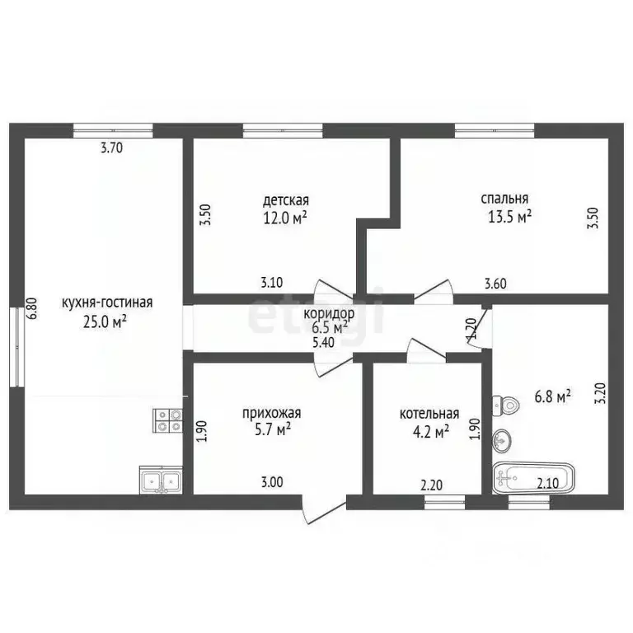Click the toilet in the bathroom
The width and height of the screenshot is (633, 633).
click(505, 404)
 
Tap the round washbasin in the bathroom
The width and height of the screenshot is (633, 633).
click(502, 440)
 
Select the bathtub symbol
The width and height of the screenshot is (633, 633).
click(534, 478)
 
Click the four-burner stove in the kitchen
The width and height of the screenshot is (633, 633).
click(167, 420)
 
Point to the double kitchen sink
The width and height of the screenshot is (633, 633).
click(161, 480)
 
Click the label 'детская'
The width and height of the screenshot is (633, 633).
click(286, 200)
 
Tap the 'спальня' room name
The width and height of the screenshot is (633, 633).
click(504, 199)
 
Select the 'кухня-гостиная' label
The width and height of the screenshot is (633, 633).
click(107, 302)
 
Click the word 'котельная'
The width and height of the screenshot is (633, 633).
click(429, 414)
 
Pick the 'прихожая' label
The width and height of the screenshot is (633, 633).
click(272, 414)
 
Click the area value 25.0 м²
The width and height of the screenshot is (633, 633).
click(105, 321)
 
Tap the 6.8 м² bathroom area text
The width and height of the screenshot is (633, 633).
click(553, 396)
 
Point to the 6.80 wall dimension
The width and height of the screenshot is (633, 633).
click(32, 308)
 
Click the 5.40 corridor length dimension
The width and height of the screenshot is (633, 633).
click(323, 342)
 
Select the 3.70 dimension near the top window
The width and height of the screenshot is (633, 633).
click(111, 148)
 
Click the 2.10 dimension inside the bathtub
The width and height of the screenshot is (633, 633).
click(548, 483)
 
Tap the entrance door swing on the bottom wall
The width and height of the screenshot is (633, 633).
click(324, 509)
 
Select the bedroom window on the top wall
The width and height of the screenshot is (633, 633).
click(495, 130)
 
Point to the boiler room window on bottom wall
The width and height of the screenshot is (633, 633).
click(445, 502)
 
